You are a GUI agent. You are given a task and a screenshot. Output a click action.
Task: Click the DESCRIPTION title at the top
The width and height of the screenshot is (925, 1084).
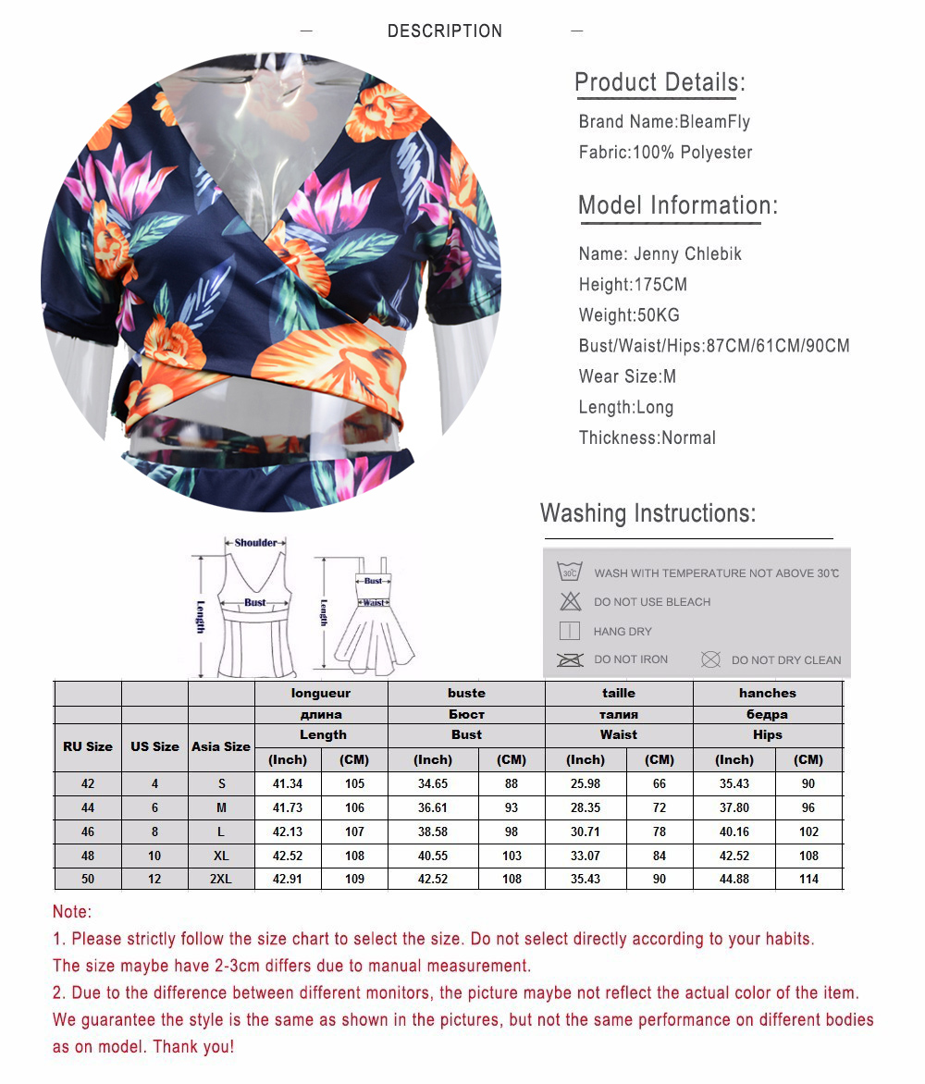point(444,31)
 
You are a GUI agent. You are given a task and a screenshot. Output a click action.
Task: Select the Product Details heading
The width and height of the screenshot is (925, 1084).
point(660,82)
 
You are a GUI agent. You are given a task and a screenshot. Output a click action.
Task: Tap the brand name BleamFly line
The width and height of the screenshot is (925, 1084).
point(664,121)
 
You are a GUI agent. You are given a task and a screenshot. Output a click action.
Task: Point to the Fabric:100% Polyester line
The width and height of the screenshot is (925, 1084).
point(665,152)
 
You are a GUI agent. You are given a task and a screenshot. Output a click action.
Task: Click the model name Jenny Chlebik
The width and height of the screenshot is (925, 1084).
point(660,253)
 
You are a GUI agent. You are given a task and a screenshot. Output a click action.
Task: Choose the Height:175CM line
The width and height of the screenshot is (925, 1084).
point(633,284)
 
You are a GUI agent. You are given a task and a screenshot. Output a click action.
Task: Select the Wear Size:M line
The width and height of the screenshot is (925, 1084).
point(627,376)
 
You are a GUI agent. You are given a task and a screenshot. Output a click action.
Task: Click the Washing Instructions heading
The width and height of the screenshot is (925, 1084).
point(647,513)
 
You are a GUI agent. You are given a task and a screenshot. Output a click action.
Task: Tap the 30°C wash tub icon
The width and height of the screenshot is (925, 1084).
point(569,573)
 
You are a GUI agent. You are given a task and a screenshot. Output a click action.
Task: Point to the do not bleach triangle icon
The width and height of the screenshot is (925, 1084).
point(570,601)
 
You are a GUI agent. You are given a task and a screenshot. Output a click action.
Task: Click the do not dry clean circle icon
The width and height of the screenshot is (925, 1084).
point(710,659)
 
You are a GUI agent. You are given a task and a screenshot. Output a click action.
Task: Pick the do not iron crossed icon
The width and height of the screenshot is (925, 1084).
point(569,659)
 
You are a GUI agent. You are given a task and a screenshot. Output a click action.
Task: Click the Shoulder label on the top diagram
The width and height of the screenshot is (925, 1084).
point(255,543)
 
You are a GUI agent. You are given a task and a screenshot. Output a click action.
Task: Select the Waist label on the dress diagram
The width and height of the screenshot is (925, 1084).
point(373,602)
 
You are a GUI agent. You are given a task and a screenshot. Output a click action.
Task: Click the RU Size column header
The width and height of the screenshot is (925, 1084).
point(88,746)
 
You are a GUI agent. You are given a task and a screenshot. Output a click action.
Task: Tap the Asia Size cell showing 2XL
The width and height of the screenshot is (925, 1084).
point(221,879)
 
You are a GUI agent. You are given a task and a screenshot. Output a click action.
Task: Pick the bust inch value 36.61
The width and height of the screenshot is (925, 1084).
point(433,807)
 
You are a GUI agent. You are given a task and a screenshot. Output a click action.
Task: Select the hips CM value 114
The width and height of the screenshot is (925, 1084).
point(808,879)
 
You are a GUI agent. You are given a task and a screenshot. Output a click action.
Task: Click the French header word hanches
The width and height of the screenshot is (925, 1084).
point(767,693)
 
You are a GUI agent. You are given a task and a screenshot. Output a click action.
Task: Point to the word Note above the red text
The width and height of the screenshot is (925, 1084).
point(72,912)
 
